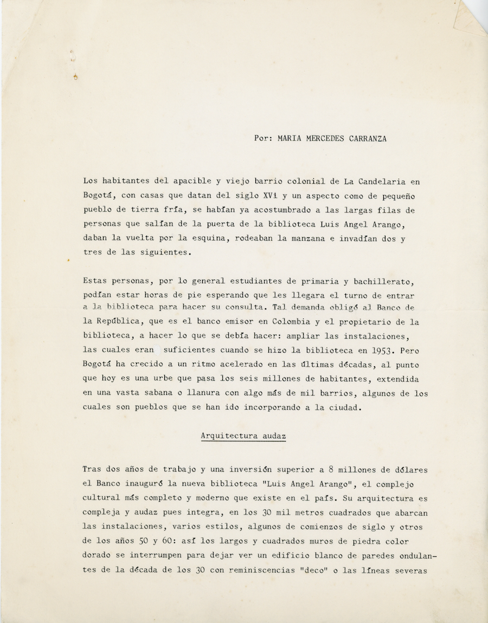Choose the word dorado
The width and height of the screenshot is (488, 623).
98,555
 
